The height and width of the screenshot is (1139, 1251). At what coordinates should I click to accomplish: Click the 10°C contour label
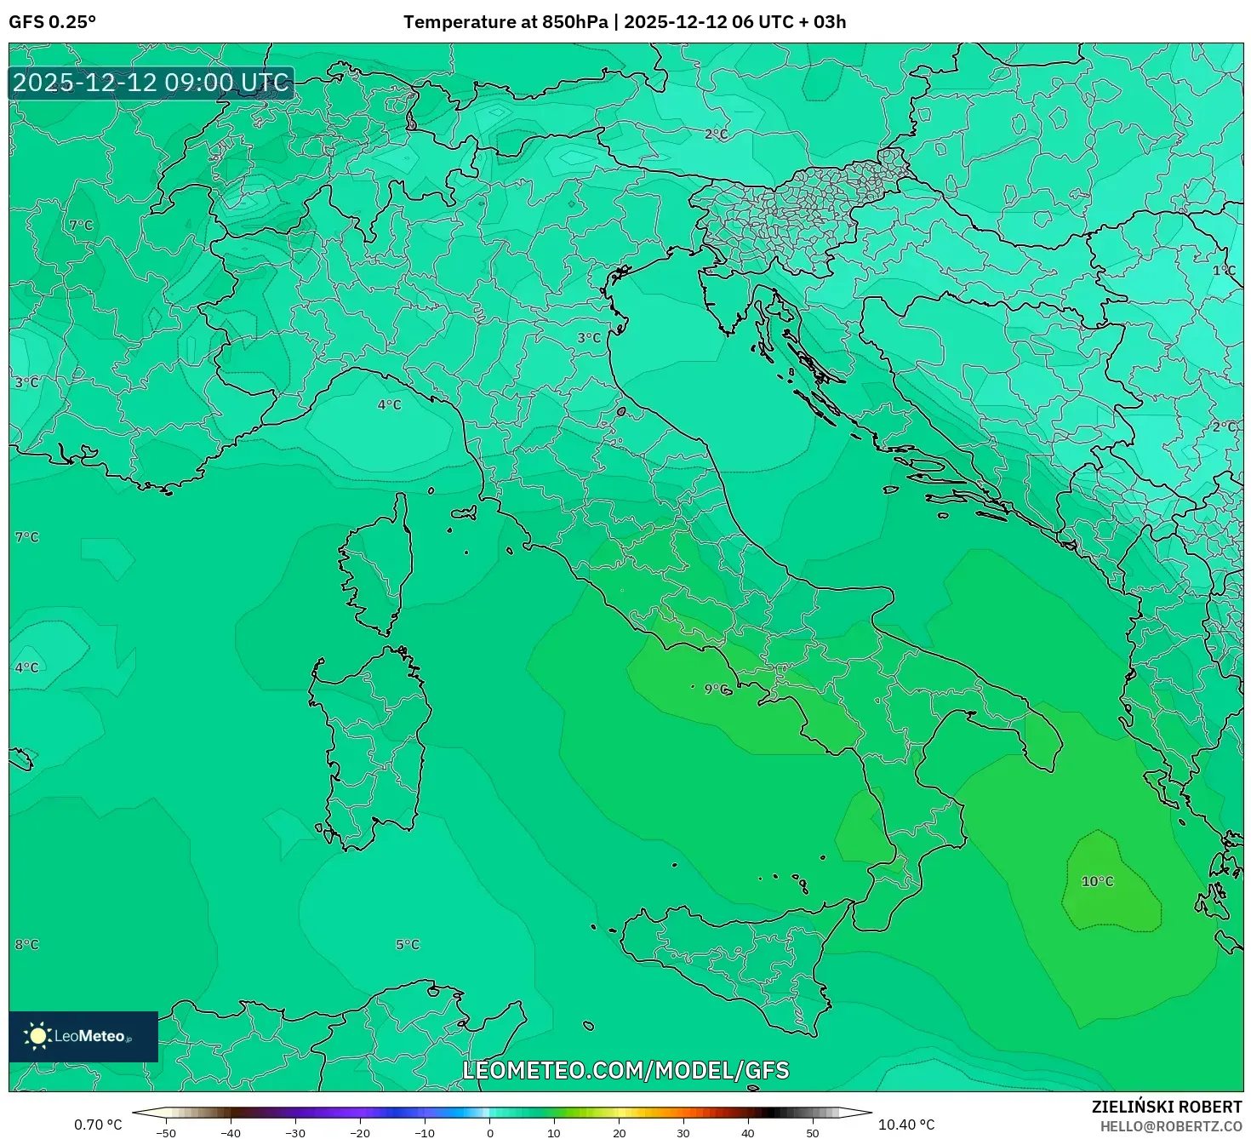1097,881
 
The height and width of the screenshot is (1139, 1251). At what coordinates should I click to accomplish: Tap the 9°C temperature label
716,689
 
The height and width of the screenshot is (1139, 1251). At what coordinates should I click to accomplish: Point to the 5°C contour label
408,944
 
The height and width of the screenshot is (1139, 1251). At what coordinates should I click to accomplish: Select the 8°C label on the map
26,944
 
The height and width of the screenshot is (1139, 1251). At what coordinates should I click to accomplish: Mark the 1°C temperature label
1224,270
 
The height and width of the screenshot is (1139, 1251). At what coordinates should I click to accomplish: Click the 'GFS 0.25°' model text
52,22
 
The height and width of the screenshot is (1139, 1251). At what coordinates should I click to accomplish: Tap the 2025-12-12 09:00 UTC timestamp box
151,83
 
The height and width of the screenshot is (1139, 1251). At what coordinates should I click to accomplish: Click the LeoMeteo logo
83,1036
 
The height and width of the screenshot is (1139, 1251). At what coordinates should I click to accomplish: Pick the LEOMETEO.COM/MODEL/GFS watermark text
625,1070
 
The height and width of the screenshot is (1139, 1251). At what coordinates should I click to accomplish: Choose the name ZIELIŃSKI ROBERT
1167,1107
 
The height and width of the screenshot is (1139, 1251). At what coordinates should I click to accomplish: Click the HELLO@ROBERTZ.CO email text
1171,1125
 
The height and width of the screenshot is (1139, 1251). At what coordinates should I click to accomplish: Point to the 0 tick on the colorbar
489,1133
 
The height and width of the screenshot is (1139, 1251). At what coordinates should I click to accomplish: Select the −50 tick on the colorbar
166,1133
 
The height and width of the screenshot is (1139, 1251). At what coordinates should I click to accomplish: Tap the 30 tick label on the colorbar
683,1133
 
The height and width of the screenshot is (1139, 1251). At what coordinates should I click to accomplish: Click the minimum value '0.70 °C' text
98,1125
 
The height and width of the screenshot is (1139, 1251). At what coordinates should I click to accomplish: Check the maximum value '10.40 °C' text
906,1125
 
